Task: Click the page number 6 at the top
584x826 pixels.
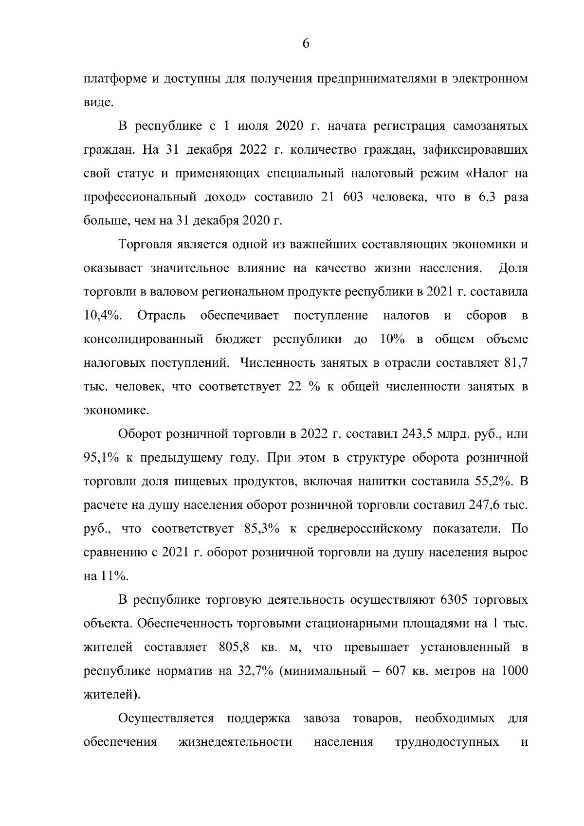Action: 306,44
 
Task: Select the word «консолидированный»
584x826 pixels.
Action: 144,340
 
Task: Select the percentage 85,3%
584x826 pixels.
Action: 263,529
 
